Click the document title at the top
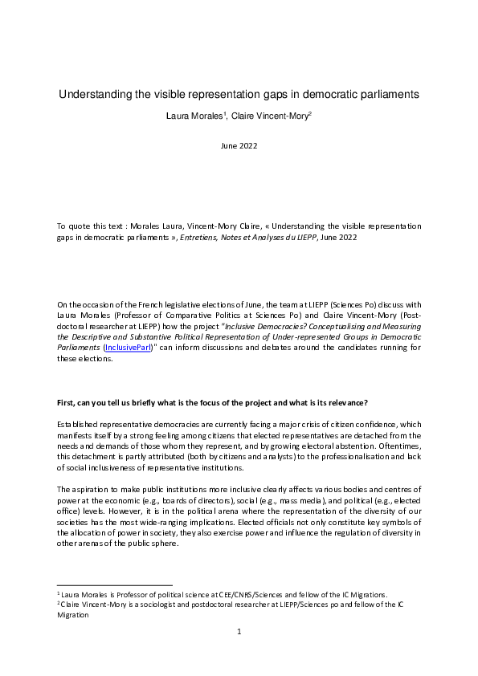point(239,95)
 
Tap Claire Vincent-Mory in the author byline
point(272,116)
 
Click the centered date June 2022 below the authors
point(239,145)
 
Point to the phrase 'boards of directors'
point(176,501)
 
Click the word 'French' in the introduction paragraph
point(159,305)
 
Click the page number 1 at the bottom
point(239,633)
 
